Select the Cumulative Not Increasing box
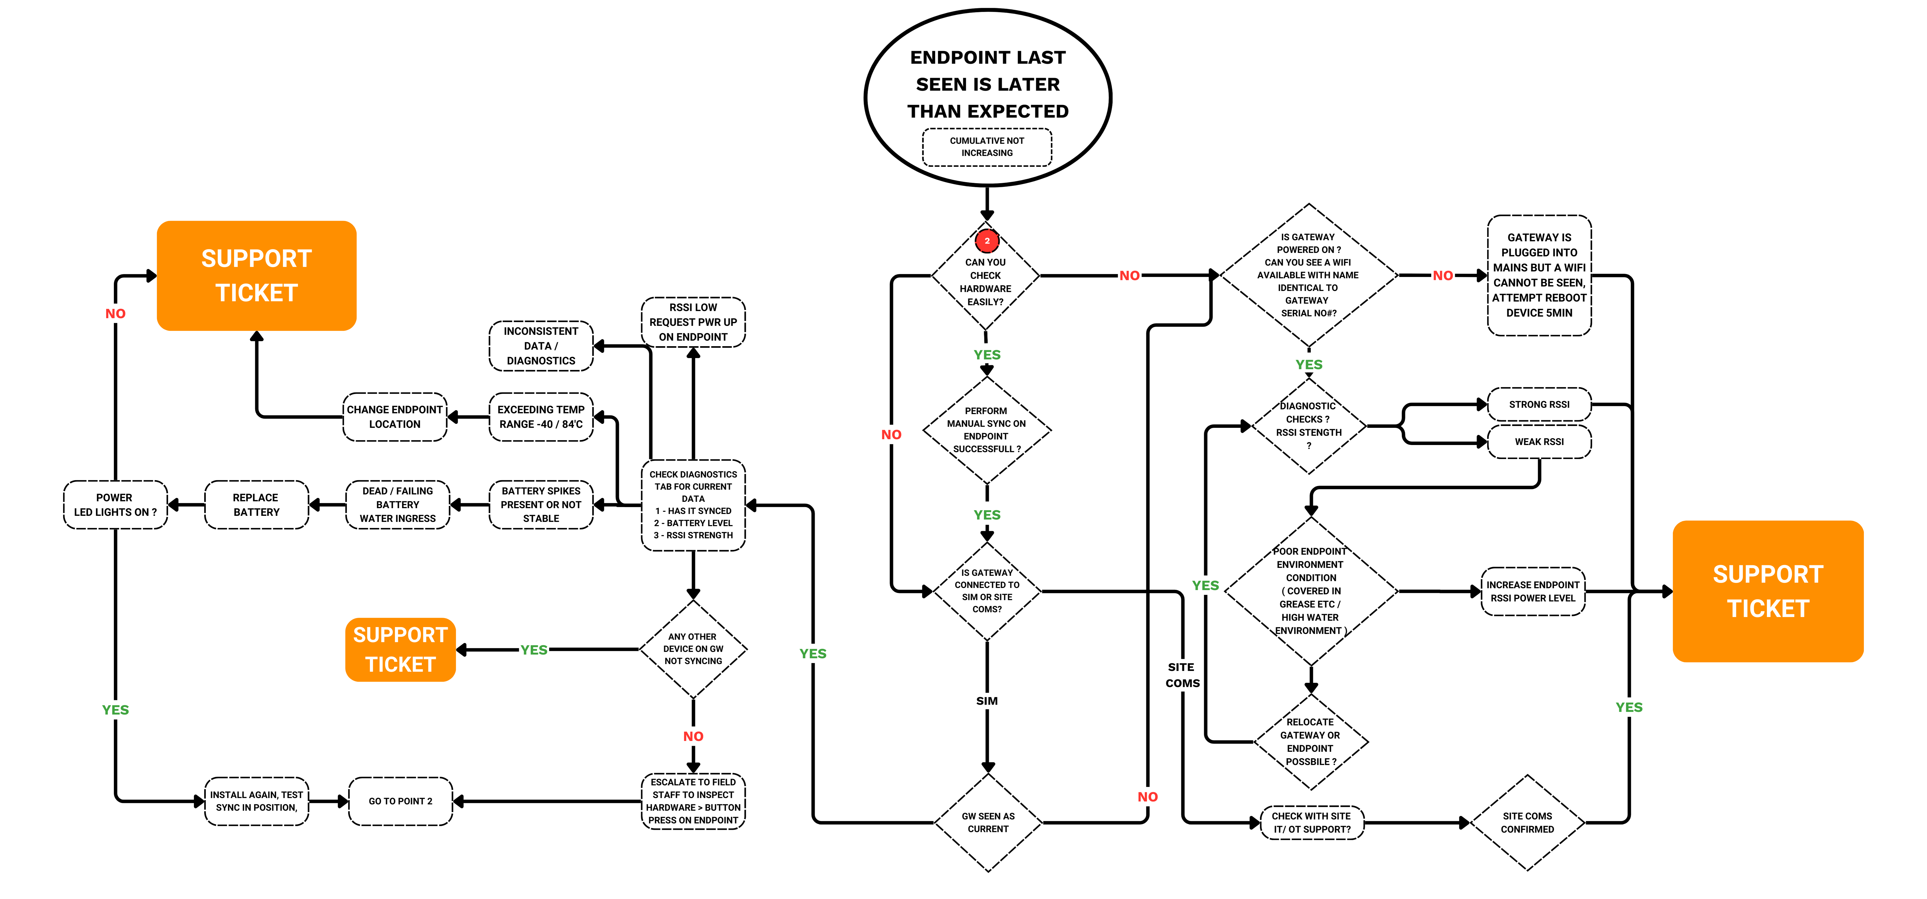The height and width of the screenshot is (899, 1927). (987, 147)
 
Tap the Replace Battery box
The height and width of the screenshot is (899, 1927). (256, 504)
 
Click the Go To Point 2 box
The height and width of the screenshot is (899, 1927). (400, 801)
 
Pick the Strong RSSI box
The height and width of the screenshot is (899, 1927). (1539, 404)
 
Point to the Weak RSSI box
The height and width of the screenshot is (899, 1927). (1539, 442)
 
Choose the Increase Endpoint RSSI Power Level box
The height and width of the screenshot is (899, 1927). (1533, 591)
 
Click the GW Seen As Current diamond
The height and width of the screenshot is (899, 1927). (988, 823)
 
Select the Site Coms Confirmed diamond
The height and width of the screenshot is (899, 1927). (1527, 823)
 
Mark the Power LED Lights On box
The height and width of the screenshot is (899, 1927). (115, 504)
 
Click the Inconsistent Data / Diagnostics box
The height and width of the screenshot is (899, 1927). (541, 346)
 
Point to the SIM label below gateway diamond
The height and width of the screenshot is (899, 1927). (987, 701)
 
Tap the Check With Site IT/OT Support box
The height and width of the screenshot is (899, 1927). (1311, 823)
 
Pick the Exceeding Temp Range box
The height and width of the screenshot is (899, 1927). (541, 417)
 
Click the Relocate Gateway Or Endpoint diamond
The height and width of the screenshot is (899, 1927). (1310, 742)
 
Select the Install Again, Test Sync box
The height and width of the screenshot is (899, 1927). (256, 801)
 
